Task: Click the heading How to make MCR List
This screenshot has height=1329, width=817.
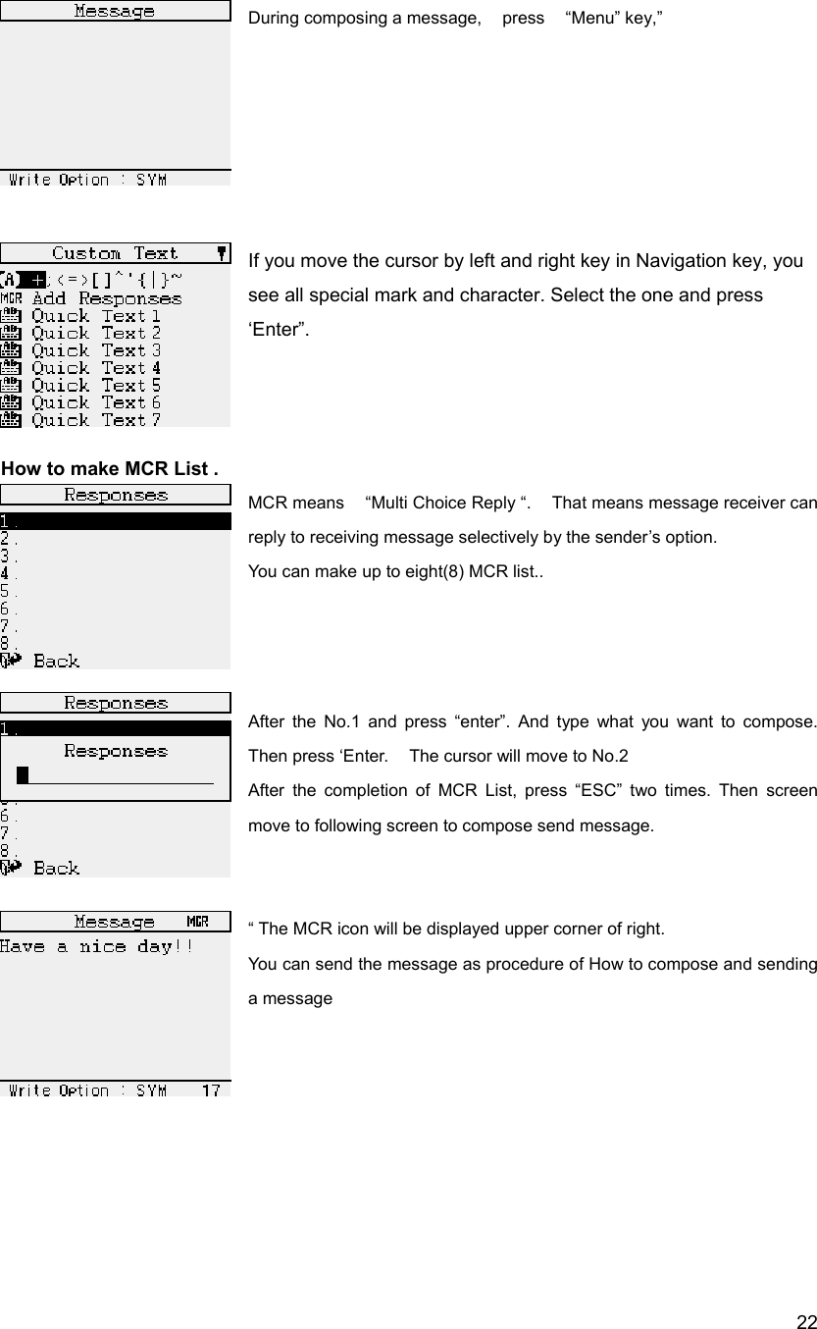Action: (x=110, y=468)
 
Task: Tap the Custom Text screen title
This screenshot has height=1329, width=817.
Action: (x=115, y=253)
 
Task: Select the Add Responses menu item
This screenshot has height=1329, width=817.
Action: (x=106, y=298)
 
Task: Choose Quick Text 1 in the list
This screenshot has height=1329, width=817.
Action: (x=96, y=316)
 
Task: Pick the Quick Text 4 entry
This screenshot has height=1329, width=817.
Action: (x=96, y=368)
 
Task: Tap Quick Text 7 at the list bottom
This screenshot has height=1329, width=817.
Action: (x=96, y=420)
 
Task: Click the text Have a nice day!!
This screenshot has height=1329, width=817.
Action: (x=96, y=947)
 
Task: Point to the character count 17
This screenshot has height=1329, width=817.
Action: (x=210, y=1090)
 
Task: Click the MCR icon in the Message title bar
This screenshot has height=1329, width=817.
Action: (x=197, y=922)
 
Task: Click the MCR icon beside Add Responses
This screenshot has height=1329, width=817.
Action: (x=12, y=298)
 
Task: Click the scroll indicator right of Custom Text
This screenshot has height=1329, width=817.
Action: (x=223, y=252)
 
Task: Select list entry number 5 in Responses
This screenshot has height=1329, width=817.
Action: (x=9, y=591)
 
